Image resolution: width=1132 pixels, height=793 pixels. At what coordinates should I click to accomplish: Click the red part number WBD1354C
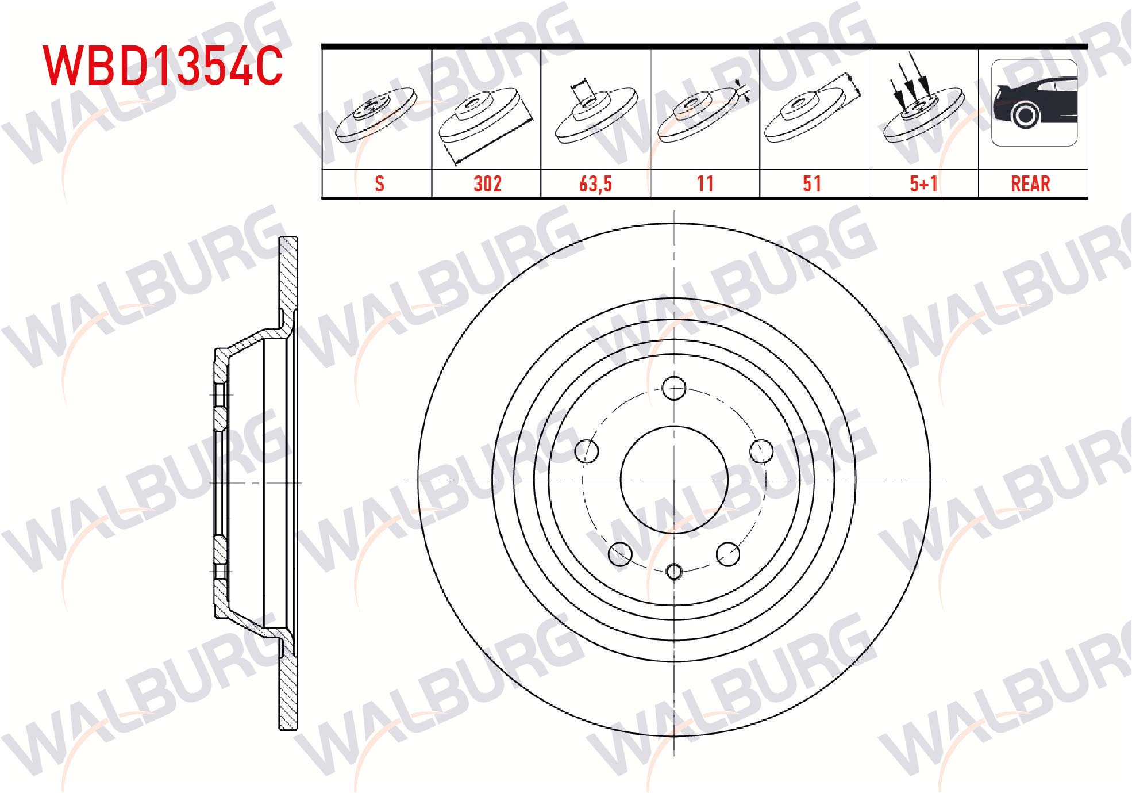[163, 66]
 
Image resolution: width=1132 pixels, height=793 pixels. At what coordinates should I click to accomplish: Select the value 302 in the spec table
[487, 184]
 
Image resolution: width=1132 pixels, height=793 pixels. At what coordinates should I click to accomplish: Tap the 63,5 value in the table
[595, 184]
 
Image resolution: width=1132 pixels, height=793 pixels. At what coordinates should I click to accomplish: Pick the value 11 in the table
[705, 184]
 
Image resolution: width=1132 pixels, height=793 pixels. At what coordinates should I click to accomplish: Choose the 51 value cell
[812, 184]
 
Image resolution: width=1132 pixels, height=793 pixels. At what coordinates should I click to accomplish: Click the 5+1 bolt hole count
[924, 184]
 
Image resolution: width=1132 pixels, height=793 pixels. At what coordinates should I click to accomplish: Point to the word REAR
[1030, 184]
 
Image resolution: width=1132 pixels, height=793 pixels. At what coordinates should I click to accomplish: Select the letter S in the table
[379, 184]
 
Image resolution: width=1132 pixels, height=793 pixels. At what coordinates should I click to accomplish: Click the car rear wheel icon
[1034, 102]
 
